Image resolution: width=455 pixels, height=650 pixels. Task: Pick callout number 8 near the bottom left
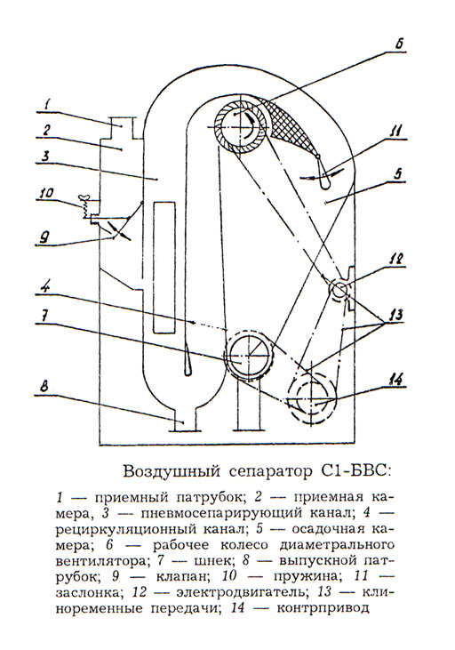(x=45, y=387)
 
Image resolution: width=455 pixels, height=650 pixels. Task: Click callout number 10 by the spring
(x=46, y=193)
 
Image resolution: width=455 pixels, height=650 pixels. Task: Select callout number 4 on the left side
(x=48, y=288)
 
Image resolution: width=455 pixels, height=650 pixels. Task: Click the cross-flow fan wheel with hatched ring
(x=240, y=126)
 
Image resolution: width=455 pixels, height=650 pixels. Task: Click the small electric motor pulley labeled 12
(x=339, y=289)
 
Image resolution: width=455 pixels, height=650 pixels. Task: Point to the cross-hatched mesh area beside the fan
(x=290, y=123)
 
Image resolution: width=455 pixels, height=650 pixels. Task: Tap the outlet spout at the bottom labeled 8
(x=184, y=420)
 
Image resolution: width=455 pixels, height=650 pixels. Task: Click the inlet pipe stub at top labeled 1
(x=122, y=128)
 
